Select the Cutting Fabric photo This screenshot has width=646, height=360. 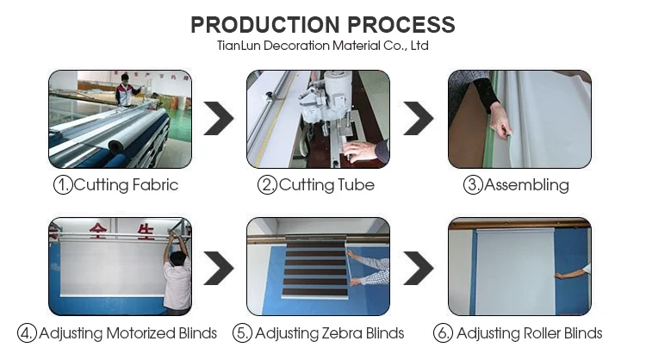pos(120,119)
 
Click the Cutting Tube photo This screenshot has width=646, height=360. pos(318,119)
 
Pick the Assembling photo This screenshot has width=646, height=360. pos(519,119)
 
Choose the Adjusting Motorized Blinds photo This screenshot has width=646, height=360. pos(120,266)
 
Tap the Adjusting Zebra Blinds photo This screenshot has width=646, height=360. pos(318,266)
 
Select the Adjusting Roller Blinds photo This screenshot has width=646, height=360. pos(519,266)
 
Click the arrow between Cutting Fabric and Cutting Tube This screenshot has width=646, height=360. pos(219,119)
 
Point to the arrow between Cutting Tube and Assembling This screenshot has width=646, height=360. pos(419,119)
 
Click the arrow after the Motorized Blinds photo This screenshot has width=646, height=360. pos(219,268)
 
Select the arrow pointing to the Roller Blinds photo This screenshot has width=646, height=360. pos(419,268)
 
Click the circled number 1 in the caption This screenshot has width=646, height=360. pos(63,185)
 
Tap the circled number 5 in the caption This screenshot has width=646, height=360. pos(244,333)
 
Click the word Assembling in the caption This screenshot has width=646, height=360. pos(526,185)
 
